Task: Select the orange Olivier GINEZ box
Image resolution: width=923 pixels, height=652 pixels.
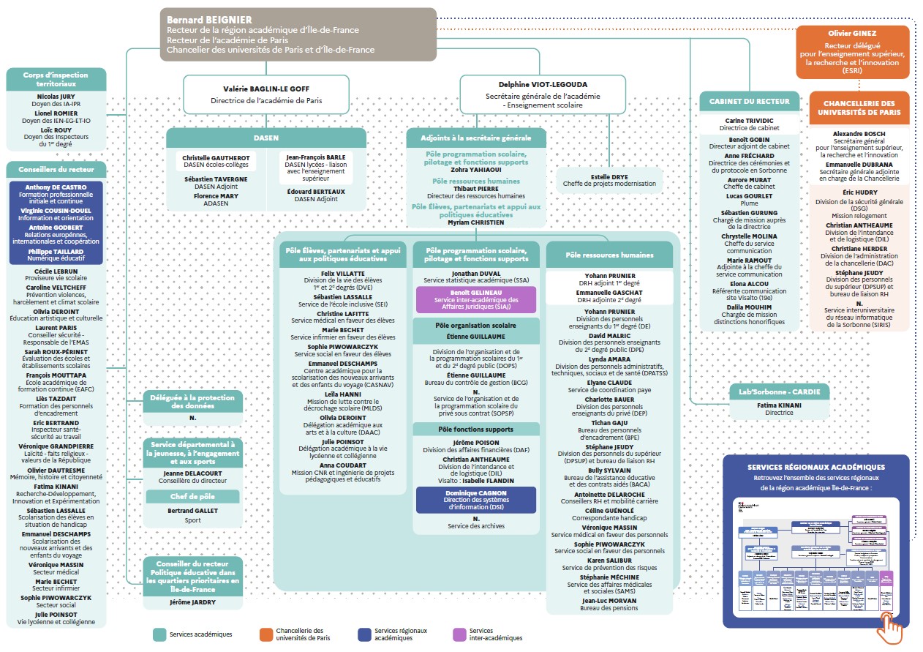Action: pos(852,52)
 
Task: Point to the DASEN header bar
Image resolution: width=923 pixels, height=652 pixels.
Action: pos(265,137)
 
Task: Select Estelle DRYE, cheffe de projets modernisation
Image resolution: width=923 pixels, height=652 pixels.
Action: pos(609,179)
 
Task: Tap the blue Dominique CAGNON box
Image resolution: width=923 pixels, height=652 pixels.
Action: pos(475,499)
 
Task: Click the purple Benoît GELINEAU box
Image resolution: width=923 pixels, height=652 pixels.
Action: pos(475,299)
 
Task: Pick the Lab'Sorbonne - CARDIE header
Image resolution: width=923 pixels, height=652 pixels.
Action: pos(780,391)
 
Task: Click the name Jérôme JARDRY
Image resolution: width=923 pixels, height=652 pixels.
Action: pos(193,603)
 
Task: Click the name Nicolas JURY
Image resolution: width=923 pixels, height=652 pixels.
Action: pos(56,96)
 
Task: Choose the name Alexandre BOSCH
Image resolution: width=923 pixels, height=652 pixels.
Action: pos(859,134)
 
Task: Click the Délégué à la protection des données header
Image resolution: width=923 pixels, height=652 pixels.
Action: pos(193,401)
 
